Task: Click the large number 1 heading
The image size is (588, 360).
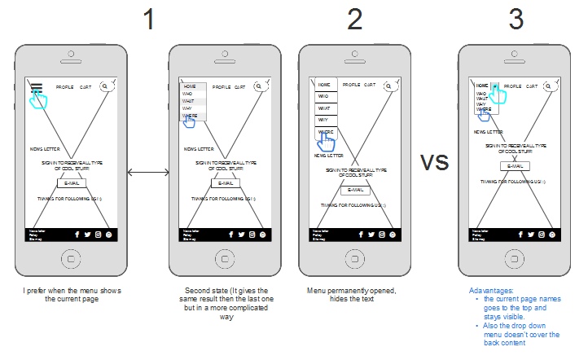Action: click(x=147, y=20)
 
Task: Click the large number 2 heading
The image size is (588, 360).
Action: click(x=354, y=20)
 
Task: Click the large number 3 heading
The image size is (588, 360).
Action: click(x=516, y=20)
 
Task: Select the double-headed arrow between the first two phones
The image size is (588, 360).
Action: click(x=147, y=172)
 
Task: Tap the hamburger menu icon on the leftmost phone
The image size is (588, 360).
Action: click(x=36, y=87)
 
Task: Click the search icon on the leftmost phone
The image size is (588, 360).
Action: click(x=105, y=86)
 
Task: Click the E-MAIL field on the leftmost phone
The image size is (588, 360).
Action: click(x=71, y=182)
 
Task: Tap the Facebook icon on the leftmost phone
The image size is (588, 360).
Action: click(x=77, y=235)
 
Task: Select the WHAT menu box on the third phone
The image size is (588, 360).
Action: click(x=324, y=108)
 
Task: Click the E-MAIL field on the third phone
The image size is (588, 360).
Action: click(x=355, y=190)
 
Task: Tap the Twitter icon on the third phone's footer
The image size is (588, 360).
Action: click(x=371, y=235)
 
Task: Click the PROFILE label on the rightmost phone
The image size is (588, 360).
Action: click(x=512, y=86)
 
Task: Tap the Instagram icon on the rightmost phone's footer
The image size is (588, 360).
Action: click(x=541, y=235)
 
